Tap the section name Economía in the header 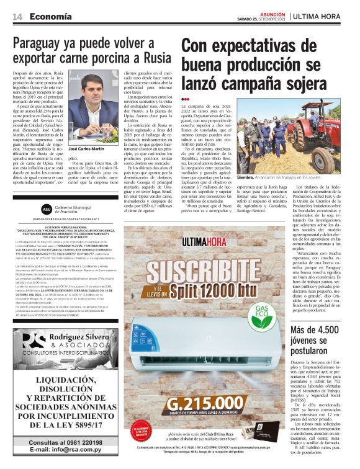(x=50, y=16)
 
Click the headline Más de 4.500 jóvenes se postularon (x=322, y=339)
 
